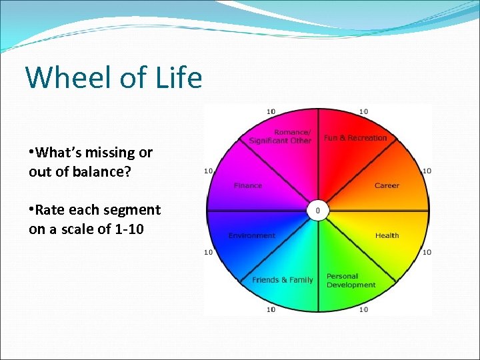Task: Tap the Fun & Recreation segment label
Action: [355, 138]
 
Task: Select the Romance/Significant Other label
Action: [281, 136]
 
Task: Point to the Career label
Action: [387, 185]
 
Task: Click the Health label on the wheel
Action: [387, 235]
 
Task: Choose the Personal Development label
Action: [351, 281]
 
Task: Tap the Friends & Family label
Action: [282, 280]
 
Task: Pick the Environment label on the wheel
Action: [251, 235]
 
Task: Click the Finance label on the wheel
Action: [248, 185]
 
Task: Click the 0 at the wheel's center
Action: [317, 211]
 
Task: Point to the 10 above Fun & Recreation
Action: [364, 111]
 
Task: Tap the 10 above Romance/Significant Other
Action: [271, 111]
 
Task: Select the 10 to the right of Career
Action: [427, 171]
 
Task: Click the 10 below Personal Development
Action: [364, 309]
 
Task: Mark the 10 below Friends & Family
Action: [271, 309]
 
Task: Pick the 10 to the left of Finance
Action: [209, 171]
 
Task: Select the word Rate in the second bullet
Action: [49, 210]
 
